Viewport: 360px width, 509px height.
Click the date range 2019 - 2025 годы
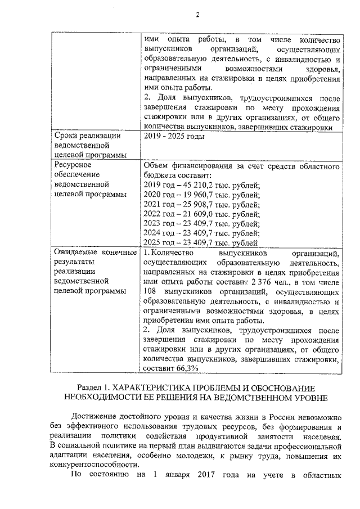tap(173, 137)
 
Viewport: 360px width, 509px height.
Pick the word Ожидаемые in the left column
tap(75, 253)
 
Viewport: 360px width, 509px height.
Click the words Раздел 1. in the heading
tap(94, 388)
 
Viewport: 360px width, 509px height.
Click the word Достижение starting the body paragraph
tap(99, 417)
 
